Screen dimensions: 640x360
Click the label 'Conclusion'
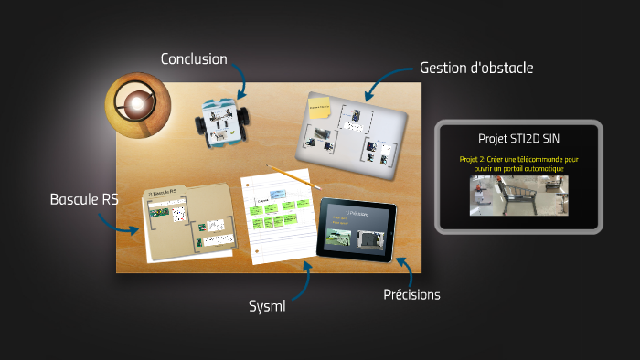[194, 59]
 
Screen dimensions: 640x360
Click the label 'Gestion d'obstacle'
[475, 68]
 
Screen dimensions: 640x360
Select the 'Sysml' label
[268, 305]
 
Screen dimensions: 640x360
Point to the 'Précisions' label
[411, 294]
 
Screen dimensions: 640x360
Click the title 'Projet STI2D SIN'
[518, 138]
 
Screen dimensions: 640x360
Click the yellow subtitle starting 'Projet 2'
[518, 164]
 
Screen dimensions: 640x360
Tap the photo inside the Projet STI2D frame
[518, 196]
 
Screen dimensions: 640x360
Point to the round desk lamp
[136, 104]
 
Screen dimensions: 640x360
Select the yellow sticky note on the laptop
[321, 111]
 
